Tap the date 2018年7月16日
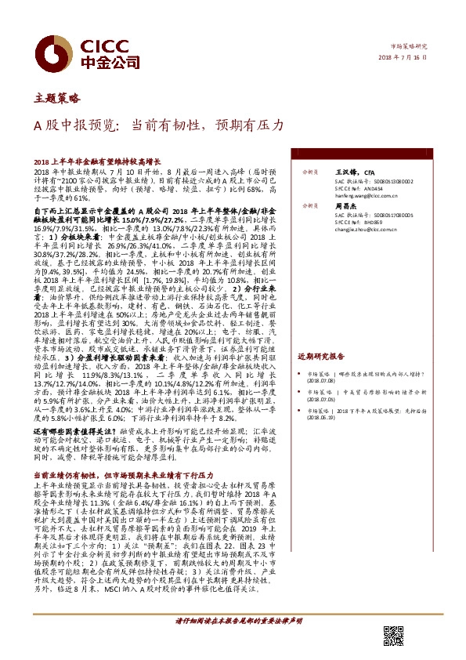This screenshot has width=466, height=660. point(409,60)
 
